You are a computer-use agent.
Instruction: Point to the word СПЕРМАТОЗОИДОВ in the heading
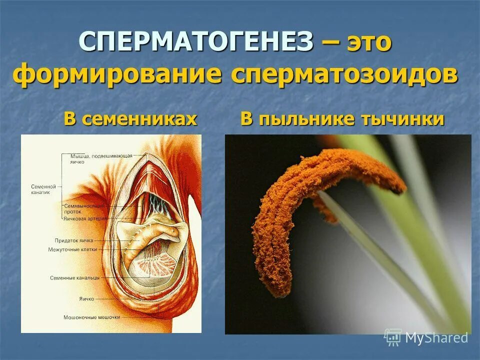pos(345,74)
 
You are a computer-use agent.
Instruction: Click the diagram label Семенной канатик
pos(43,189)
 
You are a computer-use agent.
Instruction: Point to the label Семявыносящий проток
pos(84,208)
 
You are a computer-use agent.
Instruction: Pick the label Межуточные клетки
pos(73,249)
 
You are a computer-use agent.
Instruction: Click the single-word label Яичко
pos(86,298)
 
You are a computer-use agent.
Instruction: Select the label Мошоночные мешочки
pos(92,317)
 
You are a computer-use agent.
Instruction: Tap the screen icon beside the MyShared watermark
pos(393,337)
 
